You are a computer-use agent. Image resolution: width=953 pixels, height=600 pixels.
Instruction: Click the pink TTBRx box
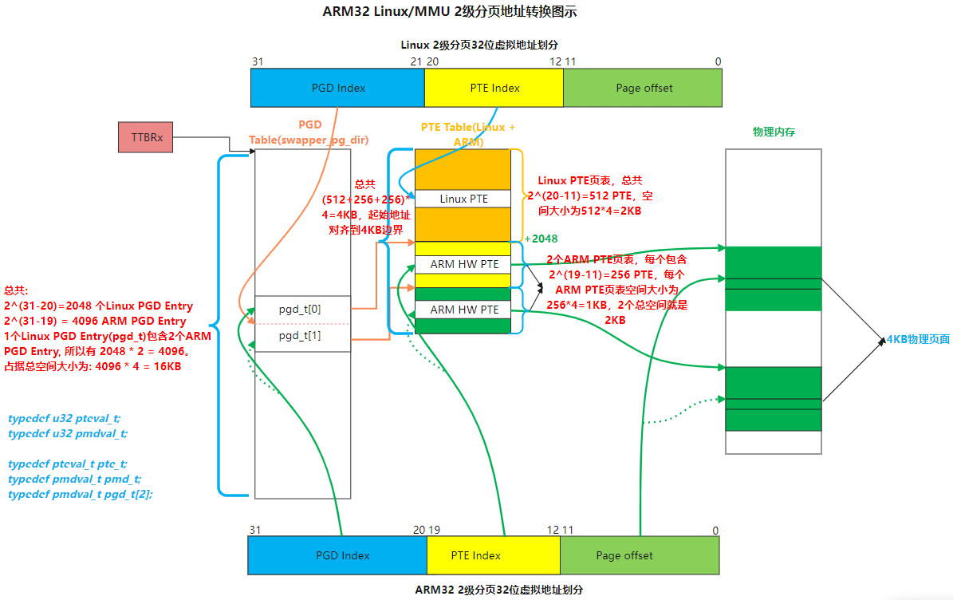145,137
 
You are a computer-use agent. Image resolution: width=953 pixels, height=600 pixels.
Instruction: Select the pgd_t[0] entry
301,309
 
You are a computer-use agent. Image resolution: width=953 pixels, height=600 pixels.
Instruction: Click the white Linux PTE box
463,199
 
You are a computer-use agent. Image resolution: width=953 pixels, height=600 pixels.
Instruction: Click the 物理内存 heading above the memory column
774,132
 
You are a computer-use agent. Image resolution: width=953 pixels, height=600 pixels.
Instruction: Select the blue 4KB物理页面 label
918,339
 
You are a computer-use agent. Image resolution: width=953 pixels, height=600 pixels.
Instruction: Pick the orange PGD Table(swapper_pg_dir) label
309,132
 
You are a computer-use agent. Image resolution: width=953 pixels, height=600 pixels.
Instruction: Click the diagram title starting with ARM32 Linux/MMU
449,12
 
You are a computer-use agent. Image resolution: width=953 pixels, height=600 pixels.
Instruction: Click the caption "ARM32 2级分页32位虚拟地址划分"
499,590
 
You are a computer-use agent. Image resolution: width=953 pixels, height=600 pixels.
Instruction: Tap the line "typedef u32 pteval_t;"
64,418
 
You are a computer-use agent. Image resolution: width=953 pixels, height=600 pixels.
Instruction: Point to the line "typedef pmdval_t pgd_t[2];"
80,494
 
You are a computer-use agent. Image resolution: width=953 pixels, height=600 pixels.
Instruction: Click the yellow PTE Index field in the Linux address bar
494,88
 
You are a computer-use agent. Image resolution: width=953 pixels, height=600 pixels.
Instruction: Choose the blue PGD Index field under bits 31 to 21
337,88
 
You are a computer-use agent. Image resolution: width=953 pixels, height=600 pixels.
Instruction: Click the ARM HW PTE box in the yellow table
463,264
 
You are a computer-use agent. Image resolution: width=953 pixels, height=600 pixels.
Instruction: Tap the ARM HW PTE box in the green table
463,310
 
